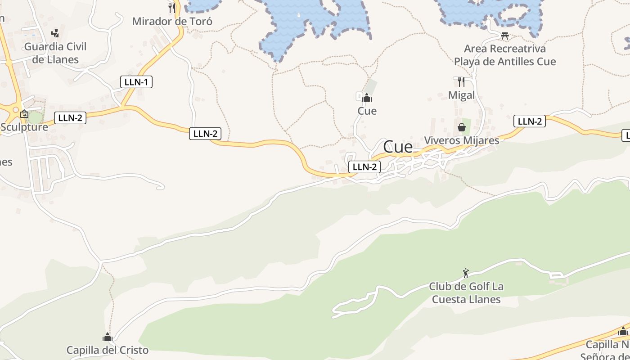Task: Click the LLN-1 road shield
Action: click(136, 82)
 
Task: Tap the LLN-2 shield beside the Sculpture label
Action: click(70, 118)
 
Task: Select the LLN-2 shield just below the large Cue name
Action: click(364, 167)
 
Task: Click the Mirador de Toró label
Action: click(172, 21)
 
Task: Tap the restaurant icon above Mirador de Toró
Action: click(171, 8)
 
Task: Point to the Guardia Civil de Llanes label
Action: click(55, 53)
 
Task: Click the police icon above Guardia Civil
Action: click(55, 33)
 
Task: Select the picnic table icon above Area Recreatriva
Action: click(505, 36)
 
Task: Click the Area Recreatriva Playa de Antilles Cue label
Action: click(505, 55)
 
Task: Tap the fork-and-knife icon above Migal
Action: click(461, 81)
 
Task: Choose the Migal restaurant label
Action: click(461, 95)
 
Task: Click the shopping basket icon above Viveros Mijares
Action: click(462, 127)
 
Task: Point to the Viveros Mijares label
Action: click(462, 140)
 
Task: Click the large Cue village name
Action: click(398, 147)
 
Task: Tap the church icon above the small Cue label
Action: click(367, 97)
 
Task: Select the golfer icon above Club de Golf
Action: click(466, 273)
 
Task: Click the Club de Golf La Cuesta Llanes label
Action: click(466, 293)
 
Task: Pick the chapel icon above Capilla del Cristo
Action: click(107, 337)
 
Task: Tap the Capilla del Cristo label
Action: click(107, 350)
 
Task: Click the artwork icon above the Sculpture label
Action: click(24, 114)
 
